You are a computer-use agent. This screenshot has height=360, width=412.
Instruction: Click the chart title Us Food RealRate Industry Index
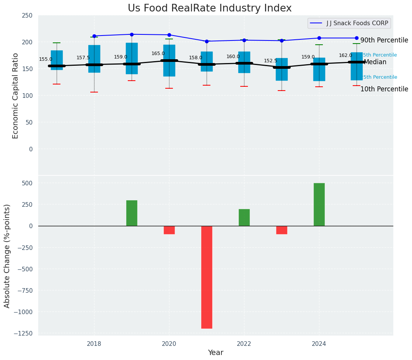click(x=210, y=8)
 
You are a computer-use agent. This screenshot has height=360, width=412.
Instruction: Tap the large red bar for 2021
click(x=207, y=277)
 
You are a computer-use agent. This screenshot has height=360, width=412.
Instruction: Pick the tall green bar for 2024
click(x=319, y=204)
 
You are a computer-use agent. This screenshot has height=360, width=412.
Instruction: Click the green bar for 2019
click(x=132, y=213)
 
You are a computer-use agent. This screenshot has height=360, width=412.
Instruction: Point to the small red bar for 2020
click(x=169, y=230)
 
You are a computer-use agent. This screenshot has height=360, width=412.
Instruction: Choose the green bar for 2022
click(x=244, y=217)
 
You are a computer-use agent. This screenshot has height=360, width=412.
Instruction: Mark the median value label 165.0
click(x=158, y=54)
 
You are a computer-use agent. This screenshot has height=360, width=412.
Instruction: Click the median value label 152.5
click(x=270, y=61)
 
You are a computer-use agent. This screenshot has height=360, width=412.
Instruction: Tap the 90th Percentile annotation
click(x=384, y=40)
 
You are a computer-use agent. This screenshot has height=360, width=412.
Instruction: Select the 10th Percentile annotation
click(x=384, y=89)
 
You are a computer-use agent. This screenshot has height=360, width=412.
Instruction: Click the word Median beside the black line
click(x=375, y=62)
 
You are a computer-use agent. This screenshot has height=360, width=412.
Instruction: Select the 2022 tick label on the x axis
click(x=244, y=344)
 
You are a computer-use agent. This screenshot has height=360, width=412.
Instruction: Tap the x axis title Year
click(x=215, y=353)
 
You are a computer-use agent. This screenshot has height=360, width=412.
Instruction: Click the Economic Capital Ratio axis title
click(x=16, y=96)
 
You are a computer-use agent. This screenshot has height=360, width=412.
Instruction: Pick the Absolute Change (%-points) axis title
click(x=7, y=256)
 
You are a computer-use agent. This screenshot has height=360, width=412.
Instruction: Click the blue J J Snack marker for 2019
click(x=132, y=34)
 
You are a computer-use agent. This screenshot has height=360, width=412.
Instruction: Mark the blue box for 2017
click(x=57, y=60)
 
